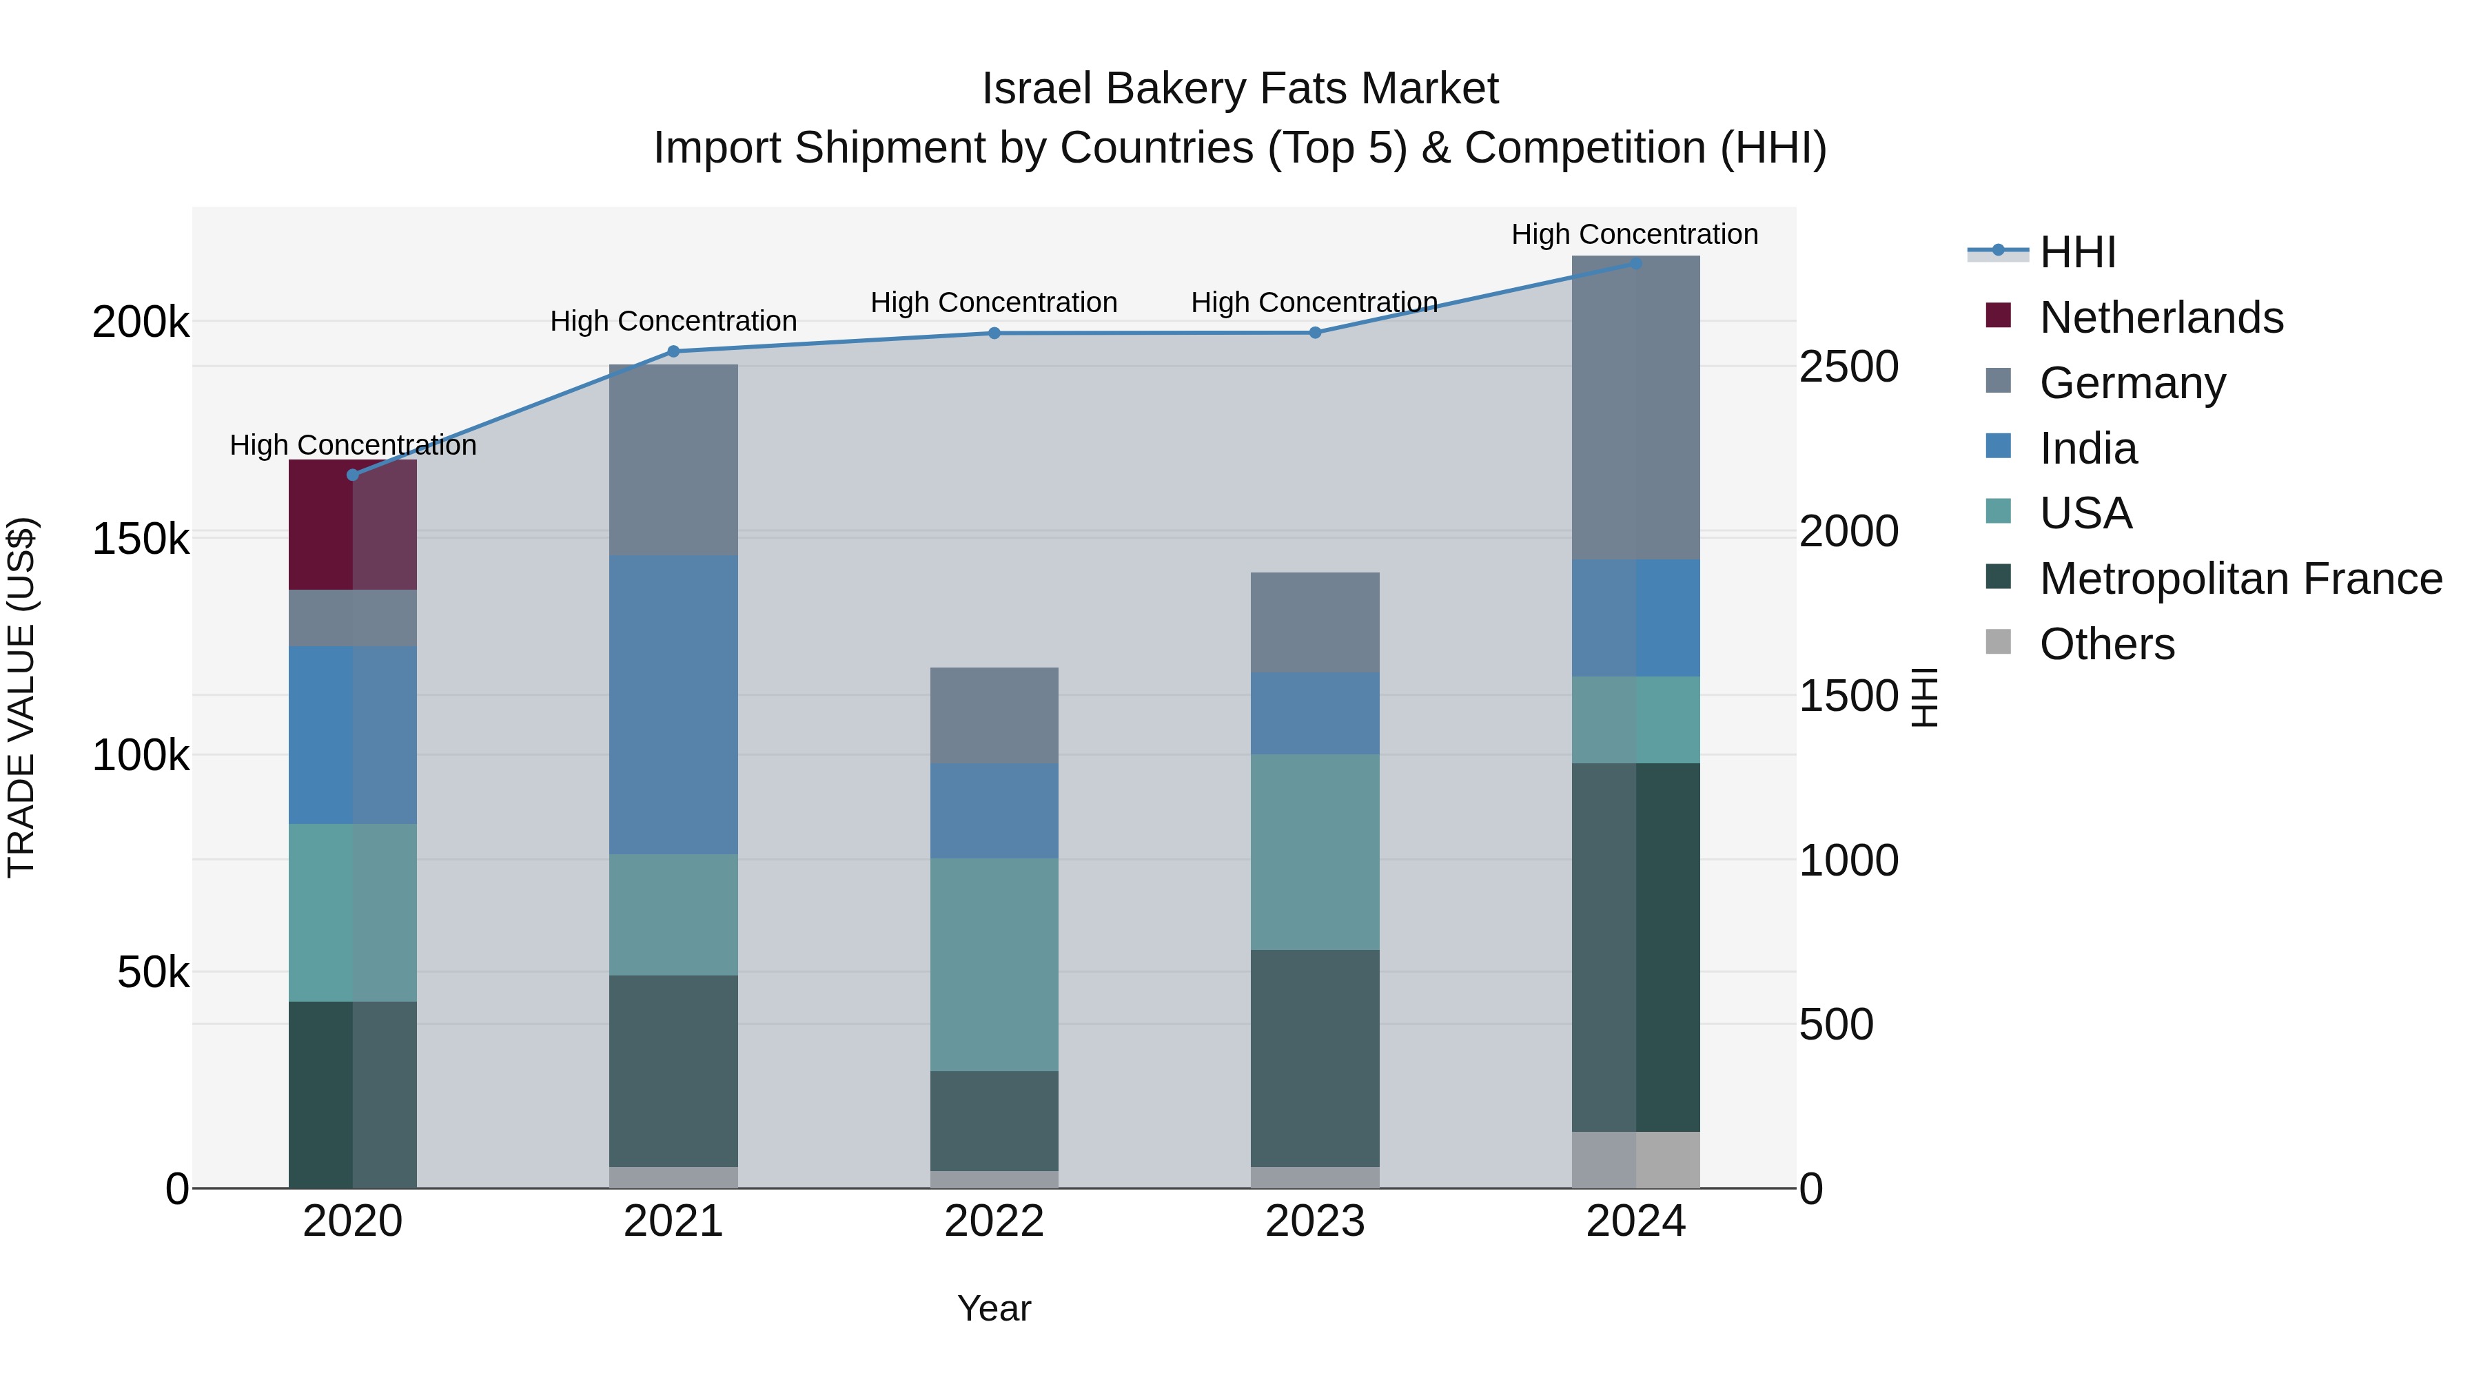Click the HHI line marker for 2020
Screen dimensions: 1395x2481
(x=352, y=475)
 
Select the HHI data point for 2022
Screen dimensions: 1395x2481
(x=994, y=333)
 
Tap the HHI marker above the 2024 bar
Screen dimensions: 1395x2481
(x=1635, y=263)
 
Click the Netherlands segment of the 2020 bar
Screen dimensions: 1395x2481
(x=352, y=525)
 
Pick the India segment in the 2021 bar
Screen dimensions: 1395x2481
(x=673, y=705)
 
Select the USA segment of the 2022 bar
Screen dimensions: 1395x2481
(x=994, y=964)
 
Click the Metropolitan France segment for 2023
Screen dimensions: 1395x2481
(x=1315, y=1058)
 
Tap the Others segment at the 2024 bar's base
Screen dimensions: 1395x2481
(x=1635, y=1160)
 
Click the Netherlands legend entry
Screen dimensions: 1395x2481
(x=2161, y=318)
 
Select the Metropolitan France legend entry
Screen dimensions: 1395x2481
(x=2240, y=579)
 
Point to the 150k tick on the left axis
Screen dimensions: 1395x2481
(x=141, y=539)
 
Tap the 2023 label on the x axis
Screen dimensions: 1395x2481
(x=1315, y=1221)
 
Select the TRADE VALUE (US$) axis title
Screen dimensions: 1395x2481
(x=21, y=697)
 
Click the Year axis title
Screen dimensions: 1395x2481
(x=994, y=1308)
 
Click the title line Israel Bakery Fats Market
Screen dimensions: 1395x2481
(x=1240, y=89)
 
